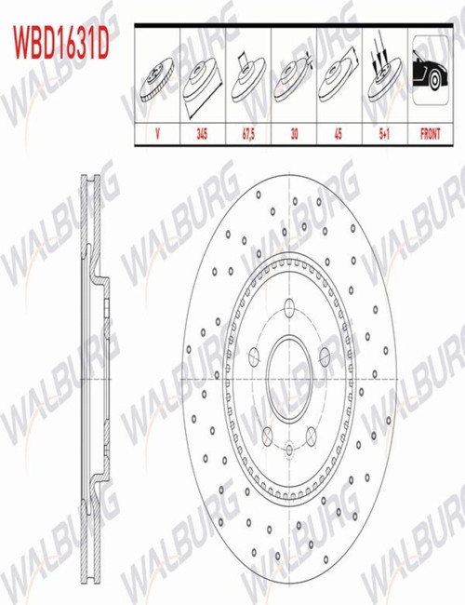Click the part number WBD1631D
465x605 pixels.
click(x=61, y=43)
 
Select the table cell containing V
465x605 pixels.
click(x=157, y=134)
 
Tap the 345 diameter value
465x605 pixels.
click(x=202, y=134)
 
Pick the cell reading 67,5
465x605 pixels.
click(x=248, y=134)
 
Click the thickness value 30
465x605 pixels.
click(x=294, y=134)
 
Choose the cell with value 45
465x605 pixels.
click(x=339, y=134)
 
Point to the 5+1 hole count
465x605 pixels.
click(x=384, y=134)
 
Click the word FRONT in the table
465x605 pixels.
click(x=430, y=134)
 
